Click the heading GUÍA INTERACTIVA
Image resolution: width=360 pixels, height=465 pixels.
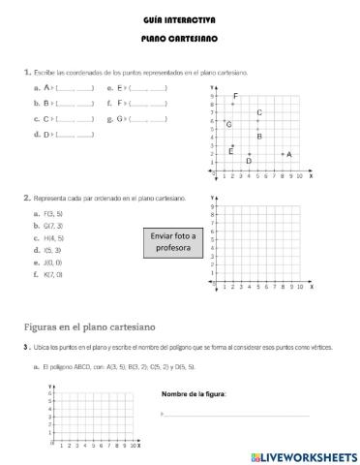(179, 18)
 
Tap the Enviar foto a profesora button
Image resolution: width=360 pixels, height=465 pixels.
(173, 241)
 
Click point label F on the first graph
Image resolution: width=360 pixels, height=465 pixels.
(235, 96)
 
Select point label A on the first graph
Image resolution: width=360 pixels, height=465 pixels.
(289, 154)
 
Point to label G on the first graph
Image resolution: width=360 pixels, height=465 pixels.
(228, 124)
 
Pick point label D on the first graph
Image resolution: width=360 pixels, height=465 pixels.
(249, 161)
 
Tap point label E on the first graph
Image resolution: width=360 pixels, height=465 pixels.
(230, 151)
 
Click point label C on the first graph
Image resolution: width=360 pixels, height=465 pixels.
(259, 113)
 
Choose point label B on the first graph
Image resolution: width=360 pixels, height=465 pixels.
(259, 137)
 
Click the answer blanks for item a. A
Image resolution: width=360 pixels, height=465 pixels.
(75, 88)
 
